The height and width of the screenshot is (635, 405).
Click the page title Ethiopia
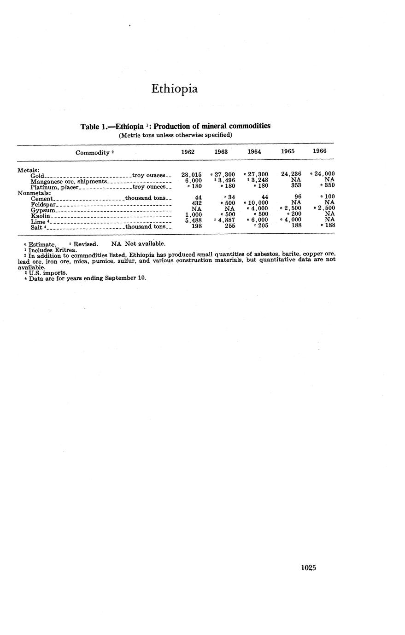click(x=174, y=89)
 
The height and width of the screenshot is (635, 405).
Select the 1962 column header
click(x=188, y=151)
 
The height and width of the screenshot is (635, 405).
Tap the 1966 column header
click(x=320, y=151)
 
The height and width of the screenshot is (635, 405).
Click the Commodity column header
click(x=94, y=152)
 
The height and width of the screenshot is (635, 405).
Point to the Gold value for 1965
click(x=291, y=174)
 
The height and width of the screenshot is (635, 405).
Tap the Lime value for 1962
click(x=193, y=220)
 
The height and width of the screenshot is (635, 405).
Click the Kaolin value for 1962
click(x=193, y=214)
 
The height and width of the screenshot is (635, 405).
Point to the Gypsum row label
click(x=42, y=209)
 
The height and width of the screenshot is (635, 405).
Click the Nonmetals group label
click(x=34, y=193)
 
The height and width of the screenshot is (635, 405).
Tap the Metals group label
click(x=29, y=170)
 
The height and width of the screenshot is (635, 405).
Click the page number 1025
click(x=308, y=568)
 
